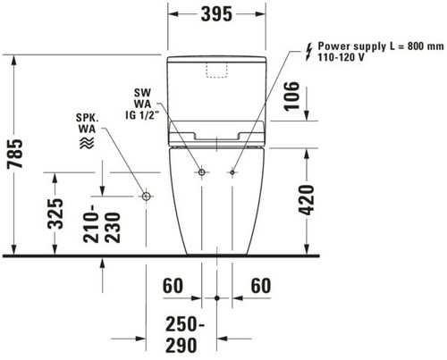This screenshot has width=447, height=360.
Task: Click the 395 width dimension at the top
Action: pos(216,14)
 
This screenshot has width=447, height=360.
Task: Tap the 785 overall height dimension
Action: pos(15,154)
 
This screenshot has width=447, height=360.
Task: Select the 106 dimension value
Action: pos(291,96)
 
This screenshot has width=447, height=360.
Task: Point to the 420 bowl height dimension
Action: pos(307,200)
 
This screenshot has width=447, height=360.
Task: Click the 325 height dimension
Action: pos(55,213)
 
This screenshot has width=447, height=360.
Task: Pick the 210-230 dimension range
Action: pos(102,223)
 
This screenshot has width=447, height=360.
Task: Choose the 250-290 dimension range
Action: pos(181,335)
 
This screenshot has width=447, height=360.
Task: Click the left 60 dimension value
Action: pos(173,286)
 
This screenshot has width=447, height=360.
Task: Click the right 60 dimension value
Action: pos(261,286)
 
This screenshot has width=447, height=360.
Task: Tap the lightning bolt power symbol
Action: pos(309,52)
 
